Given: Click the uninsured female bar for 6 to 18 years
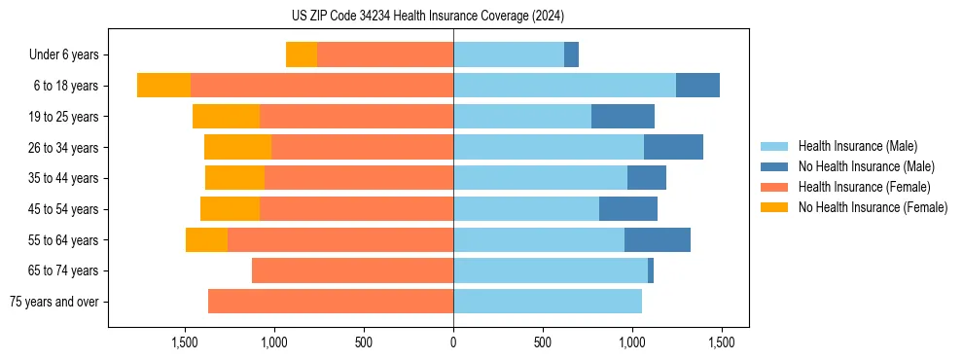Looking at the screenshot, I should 163,86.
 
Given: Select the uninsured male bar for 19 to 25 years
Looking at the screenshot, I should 623,117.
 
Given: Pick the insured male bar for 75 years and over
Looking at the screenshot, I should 547,302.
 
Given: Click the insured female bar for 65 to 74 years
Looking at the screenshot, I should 352,270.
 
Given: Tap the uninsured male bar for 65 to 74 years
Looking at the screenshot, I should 651,270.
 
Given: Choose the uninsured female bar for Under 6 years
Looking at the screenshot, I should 302,55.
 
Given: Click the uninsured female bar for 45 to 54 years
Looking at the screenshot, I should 230,209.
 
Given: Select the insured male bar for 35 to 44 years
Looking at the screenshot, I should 540,178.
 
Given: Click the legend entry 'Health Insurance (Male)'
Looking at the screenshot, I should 857,146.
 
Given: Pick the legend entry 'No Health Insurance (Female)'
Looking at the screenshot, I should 873,207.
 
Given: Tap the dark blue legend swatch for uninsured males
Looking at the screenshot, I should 774,166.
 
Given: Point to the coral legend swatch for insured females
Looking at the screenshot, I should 774,187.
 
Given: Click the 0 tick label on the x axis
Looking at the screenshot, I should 453,342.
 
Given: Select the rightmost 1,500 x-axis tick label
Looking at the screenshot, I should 721,342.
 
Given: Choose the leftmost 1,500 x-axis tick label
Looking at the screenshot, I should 185,342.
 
